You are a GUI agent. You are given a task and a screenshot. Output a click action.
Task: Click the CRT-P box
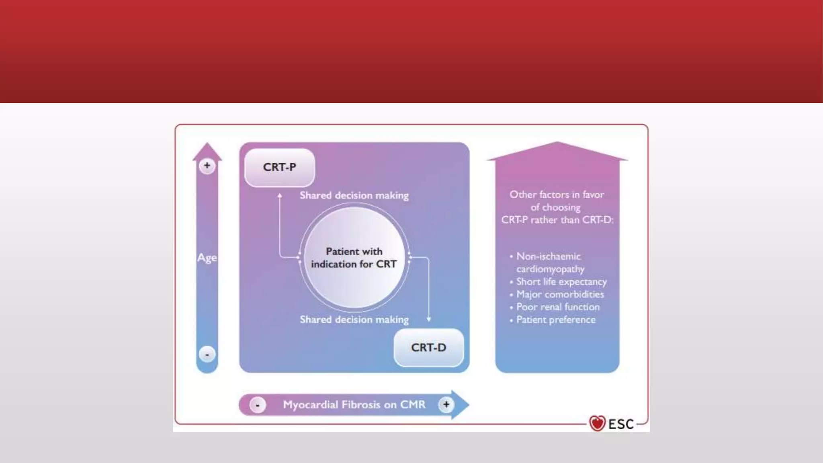pyautogui.click(x=279, y=167)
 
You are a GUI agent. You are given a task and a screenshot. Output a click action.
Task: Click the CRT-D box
pyautogui.click(x=428, y=347)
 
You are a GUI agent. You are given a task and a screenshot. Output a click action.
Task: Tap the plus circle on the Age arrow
pyautogui.click(x=207, y=166)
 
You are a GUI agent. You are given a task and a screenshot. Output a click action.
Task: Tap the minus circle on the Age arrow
pyautogui.click(x=207, y=354)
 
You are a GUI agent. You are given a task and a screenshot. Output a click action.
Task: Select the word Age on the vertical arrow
pyautogui.click(x=207, y=258)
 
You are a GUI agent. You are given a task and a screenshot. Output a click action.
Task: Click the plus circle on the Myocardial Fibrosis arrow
pyautogui.click(x=446, y=404)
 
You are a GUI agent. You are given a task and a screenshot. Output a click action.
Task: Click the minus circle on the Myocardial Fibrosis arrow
pyautogui.click(x=257, y=405)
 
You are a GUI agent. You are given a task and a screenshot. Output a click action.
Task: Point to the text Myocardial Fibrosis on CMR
pyautogui.click(x=354, y=405)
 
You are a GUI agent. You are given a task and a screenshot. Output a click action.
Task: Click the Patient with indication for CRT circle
pyautogui.click(x=354, y=258)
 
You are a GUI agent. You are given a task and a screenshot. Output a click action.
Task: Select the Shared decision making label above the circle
pyautogui.click(x=354, y=196)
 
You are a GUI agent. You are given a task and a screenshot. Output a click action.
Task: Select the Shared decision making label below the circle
pyautogui.click(x=354, y=320)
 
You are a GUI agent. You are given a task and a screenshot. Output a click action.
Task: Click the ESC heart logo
pyautogui.click(x=597, y=423)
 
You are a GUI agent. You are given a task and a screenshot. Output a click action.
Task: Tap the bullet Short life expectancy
pyautogui.click(x=561, y=282)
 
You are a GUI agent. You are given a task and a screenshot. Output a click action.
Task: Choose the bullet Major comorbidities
pyautogui.click(x=560, y=295)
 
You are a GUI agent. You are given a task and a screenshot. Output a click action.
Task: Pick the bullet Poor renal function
pyautogui.click(x=558, y=307)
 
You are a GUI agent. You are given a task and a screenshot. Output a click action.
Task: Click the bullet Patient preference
pyautogui.click(x=556, y=320)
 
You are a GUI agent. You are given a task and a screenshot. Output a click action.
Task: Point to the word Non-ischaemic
pyautogui.click(x=548, y=256)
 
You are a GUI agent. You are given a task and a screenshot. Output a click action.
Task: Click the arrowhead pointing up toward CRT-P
pyautogui.click(x=280, y=196)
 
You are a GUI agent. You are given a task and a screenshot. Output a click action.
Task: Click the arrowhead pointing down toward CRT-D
pyautogui.click(x=429, y=319)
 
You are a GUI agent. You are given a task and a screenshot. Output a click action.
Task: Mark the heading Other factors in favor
pyautogui.click(x=557, y=195)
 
